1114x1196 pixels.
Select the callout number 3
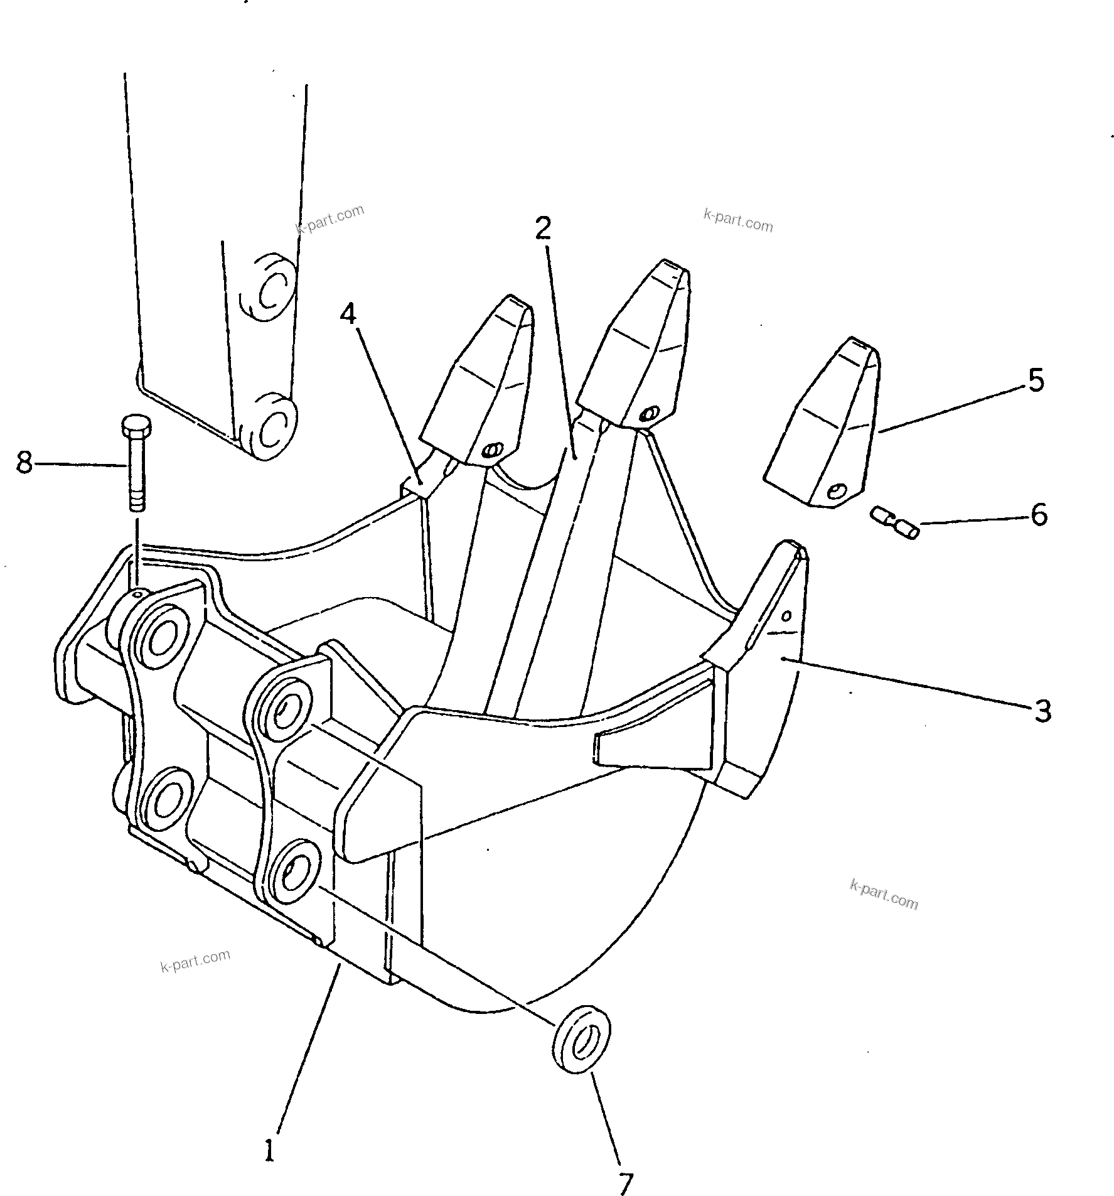click(x=1042, y=711)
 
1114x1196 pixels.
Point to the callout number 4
click(x=348, y=314)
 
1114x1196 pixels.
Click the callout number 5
click(x=1036, y=381)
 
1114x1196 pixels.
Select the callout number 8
click(x=24, y=463)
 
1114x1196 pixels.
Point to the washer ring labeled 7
click(x=584, y=1040)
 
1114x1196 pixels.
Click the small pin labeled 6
click(x=895, y=522)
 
